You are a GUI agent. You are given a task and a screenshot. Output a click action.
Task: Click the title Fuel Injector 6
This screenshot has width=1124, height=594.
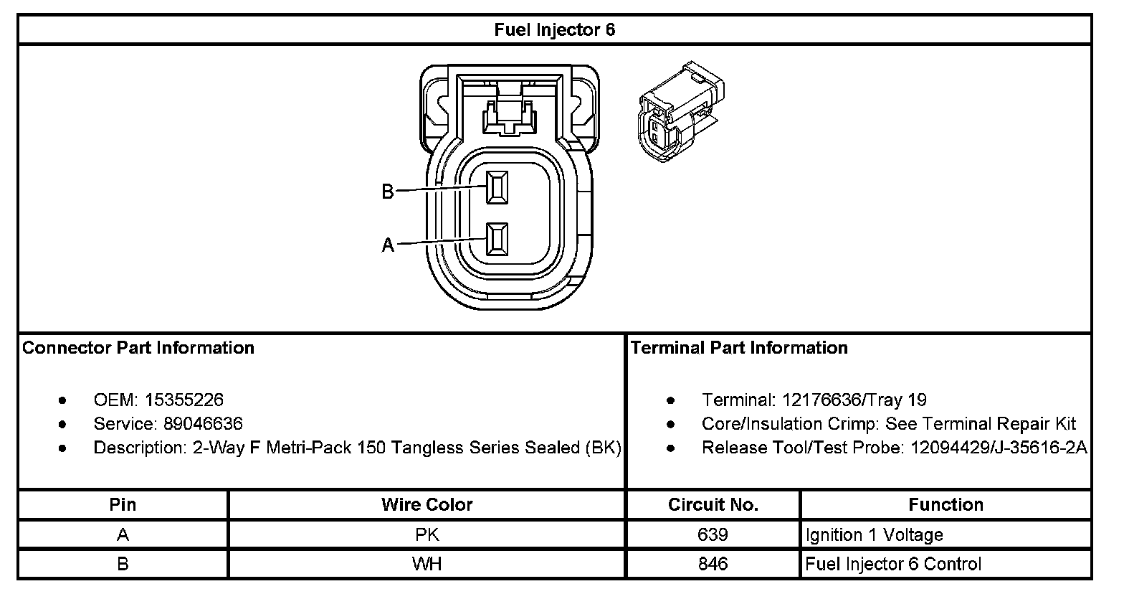(x=554, y=30)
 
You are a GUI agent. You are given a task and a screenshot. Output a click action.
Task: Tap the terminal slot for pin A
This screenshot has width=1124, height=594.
(x=497, y=239)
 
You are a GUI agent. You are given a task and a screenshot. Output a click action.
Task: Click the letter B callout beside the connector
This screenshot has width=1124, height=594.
(x=387, y=192)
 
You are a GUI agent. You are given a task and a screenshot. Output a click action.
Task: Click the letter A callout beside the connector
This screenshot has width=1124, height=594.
(x=387, y=245)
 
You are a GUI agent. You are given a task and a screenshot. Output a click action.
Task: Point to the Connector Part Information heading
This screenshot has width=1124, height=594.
(x=138, y=348)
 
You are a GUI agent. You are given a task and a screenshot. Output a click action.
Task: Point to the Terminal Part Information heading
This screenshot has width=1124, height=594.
(x=739, y=348)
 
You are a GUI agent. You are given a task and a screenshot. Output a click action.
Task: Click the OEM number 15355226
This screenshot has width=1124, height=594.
(x=184, y=400)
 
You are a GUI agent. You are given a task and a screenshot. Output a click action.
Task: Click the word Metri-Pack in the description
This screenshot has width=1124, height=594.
(x=309, y=448)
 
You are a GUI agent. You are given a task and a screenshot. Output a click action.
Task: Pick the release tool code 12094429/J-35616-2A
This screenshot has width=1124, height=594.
(x=999, y=448)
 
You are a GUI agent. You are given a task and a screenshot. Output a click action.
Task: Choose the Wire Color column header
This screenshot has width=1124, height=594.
(x=427, y=504)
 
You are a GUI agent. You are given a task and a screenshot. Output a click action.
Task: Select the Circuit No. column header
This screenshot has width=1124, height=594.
(x=713, y=504)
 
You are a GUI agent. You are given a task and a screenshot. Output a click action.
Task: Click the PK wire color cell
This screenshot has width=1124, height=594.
(x=427, y=534)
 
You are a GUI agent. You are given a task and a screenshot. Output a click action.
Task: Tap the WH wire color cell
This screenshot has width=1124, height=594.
(x=427, y=564)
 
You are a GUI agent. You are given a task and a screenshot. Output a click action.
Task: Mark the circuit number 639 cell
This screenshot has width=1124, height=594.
(x=713, y=534)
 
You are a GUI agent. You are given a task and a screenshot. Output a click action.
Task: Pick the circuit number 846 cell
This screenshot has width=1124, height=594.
(x=713, y=564)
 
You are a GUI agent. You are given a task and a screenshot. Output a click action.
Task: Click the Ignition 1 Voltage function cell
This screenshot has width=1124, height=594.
(x=874, y=534)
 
